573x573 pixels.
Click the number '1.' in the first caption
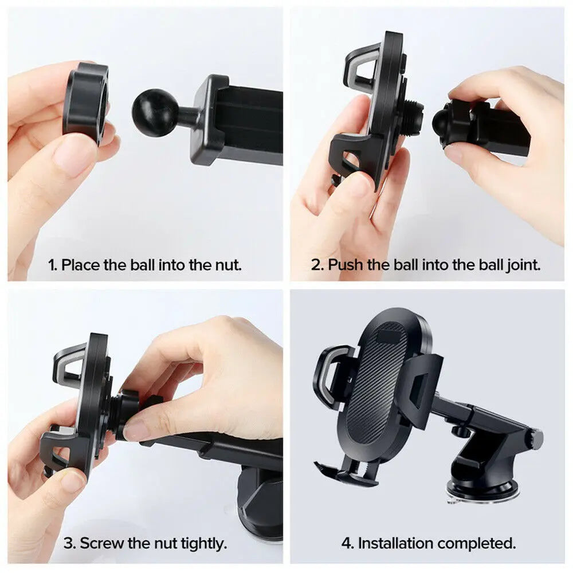point(53,265)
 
